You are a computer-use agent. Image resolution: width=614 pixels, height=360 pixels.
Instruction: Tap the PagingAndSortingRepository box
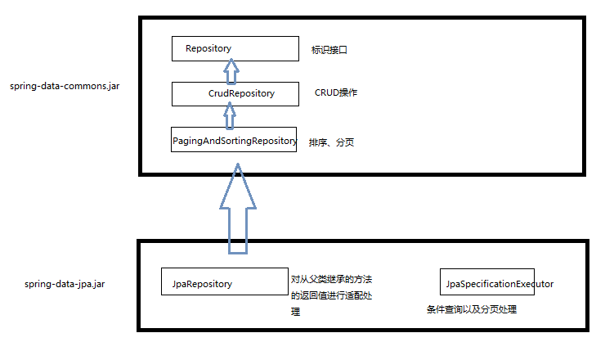(x=233, y=140)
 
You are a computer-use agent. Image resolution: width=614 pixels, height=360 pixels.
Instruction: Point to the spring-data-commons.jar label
(x=65, y=85)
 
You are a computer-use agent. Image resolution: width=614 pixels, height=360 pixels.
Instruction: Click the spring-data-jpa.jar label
(x=65, y=284)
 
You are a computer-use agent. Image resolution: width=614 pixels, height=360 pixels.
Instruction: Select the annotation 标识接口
(x=330, y=50)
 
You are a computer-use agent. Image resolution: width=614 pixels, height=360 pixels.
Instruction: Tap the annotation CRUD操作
(x=336, y=92)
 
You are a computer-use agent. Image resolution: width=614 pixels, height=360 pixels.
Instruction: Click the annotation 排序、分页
(x=331, y=143)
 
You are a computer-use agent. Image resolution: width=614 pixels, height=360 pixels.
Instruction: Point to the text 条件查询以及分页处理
(x=472, y=310)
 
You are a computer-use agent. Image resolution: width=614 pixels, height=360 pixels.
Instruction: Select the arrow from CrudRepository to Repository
(x=231, y=71)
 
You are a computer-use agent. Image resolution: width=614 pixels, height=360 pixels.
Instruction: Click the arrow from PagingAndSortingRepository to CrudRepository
(x=231, y=117)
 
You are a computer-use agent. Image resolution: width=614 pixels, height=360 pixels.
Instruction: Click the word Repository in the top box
(x=208, y=48)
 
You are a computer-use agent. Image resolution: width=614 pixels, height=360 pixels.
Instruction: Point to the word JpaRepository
(x=203, y=284)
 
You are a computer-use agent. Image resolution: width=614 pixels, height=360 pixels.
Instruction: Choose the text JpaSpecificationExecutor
(x=500, y=284)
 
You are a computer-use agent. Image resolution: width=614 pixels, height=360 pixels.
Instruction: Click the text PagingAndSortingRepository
(x=234, y=141)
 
